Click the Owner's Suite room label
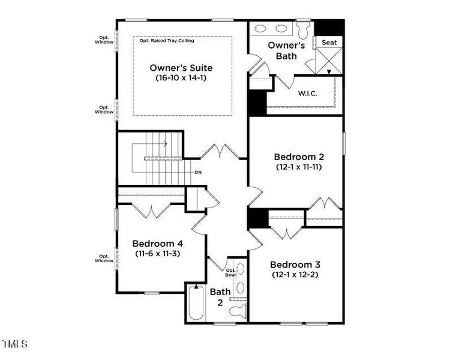(181, 68)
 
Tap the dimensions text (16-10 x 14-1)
(181, 78)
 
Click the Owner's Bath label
(286, 50)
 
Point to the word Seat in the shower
(329, 43)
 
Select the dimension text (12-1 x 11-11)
(298, 167)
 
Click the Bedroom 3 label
(295, 265)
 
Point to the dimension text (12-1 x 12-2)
(295, 275)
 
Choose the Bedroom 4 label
(158, 244)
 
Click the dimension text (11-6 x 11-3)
(158, 254)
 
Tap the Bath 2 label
(220, 297)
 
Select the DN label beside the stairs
(198, 173)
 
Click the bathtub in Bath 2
(196, 305)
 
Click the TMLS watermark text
(15, 344)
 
